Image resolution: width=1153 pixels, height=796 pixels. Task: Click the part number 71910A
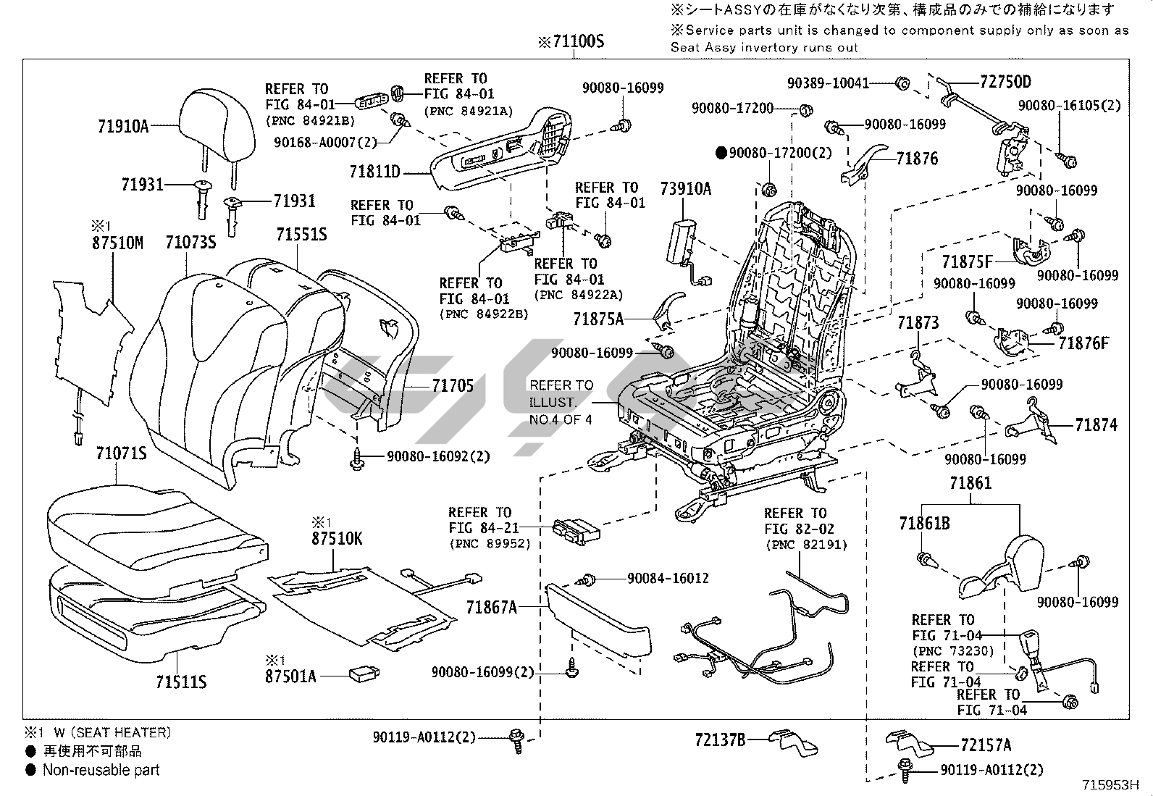tap(122, 127)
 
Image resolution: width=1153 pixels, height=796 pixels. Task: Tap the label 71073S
tap(190, 243)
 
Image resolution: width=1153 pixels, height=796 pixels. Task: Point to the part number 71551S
tap(301, 234)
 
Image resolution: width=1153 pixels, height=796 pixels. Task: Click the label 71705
tap(453, 386)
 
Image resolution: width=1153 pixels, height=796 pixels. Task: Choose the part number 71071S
tap(121, 454)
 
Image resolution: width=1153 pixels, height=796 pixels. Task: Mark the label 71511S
tap(181, 682)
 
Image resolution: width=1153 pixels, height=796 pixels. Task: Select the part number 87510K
tap(337, 540)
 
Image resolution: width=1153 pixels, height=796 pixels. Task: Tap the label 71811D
tap(374, 172)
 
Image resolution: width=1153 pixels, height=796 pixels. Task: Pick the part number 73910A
tap(685, 190)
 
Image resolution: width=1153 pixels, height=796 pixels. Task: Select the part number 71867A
tap(492, 608)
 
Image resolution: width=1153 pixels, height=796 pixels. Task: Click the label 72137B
tap(720, 740)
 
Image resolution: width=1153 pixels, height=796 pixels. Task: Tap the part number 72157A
tap(986, 745)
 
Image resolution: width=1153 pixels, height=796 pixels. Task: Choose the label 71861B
tap(924, 523)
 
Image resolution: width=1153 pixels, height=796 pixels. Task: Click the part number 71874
tap(1096, 425)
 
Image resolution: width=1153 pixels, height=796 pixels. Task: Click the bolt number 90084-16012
tap(668, 578)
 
